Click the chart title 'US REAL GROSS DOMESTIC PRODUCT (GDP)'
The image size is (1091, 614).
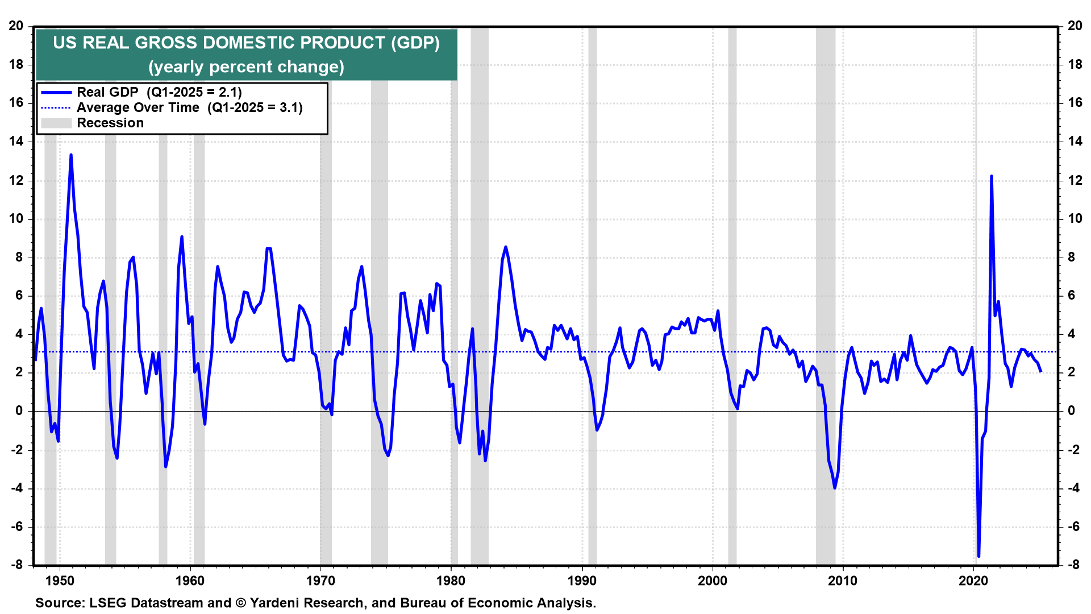(x=246, y=43)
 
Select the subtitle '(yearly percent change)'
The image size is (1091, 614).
(x=246, y=67)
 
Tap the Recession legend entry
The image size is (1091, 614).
(x=110, y=123)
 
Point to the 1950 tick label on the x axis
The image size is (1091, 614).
(x=59, y=580)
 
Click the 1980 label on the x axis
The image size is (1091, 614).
(x=451, y=580)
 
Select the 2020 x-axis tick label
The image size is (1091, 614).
(x=973, y=580)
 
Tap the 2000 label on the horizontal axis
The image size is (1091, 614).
(x=713, y=580)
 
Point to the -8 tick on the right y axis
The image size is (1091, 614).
(x=1073, y=565)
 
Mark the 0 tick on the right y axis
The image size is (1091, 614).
(x=1071, y=410)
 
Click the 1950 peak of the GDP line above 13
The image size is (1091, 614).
(x=70, y=155)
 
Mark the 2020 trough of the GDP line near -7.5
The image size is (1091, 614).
(x=978, y=556)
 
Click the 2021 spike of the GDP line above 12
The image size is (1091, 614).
(x=991, y=176)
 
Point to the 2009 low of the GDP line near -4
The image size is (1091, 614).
(x=835, y=488)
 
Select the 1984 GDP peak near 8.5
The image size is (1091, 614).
(x=506, y=247)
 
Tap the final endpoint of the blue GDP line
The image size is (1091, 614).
(x=1040, y=371)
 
